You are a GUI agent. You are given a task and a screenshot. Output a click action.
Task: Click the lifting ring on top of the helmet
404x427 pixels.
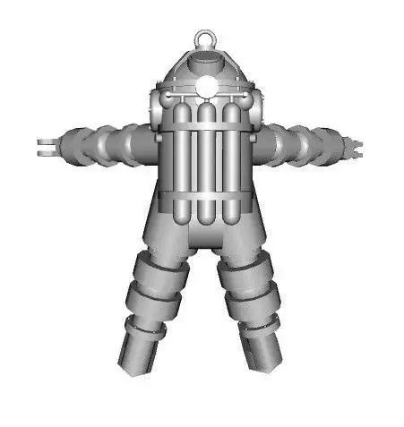tap(205, 39)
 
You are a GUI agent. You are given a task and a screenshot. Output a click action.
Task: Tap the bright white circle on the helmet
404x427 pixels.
tap(206, 87)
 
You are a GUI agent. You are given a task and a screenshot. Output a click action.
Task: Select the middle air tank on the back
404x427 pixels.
tap(206, 152)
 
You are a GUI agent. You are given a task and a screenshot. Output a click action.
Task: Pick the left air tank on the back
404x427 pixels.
tap(182, 152)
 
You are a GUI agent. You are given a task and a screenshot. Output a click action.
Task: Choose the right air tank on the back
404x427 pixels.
tap(230, 152)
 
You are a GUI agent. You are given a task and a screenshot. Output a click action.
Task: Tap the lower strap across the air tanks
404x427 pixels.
tap(206, 194)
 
